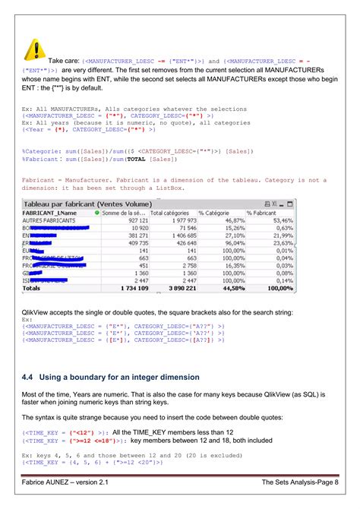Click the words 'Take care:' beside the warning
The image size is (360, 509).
pyautogui.click(x=65, y=60)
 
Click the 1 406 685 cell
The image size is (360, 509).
pyautogui.click(x=181, y=236)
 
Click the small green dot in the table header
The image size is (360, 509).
pyautogui.click(x=98, y=213)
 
